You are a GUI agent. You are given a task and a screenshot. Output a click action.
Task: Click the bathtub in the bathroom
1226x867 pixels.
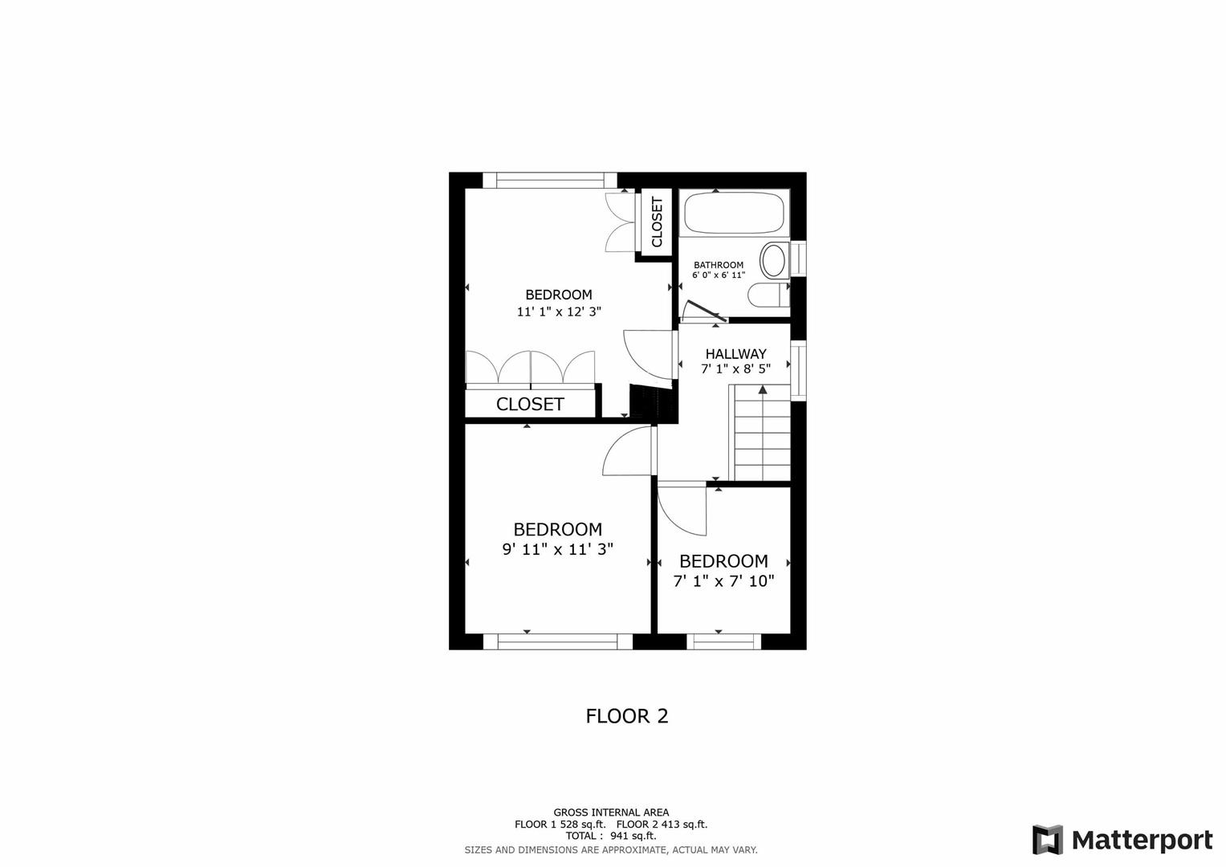[x=733, y=213]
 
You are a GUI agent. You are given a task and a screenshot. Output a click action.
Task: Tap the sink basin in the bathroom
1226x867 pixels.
[x=774, y=260]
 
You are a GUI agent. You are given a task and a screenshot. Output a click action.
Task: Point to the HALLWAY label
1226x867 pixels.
[x=735, y=353]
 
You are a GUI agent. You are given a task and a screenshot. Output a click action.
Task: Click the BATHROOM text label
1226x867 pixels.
[x=719, y=265]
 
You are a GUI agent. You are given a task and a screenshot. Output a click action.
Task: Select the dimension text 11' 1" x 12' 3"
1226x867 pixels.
[x=559, y=311]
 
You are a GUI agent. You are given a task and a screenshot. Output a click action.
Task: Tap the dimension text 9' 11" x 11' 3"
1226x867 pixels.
[x=558, y=549]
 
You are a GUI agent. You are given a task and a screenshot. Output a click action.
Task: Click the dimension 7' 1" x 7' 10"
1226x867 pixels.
[x=723, y=580]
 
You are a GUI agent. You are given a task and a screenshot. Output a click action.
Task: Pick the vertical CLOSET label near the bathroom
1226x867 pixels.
[x=657, y=222]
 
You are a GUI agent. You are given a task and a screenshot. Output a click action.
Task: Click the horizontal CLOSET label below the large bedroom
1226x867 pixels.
[x=530, y=404]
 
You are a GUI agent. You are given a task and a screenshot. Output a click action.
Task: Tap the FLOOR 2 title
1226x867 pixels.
[x=627, y=715]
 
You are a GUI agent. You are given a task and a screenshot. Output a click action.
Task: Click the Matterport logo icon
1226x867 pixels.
[x=1047, y=840]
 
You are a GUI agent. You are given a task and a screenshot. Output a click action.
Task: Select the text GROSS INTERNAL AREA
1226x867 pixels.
[x=611, y=812]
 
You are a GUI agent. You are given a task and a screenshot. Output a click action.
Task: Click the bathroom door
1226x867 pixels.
[x=704, y=311]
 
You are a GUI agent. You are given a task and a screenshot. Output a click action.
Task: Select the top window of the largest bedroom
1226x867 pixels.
[x=550, y=180]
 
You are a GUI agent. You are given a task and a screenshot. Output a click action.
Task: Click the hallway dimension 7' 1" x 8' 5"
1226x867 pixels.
[x=735, y=369]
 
